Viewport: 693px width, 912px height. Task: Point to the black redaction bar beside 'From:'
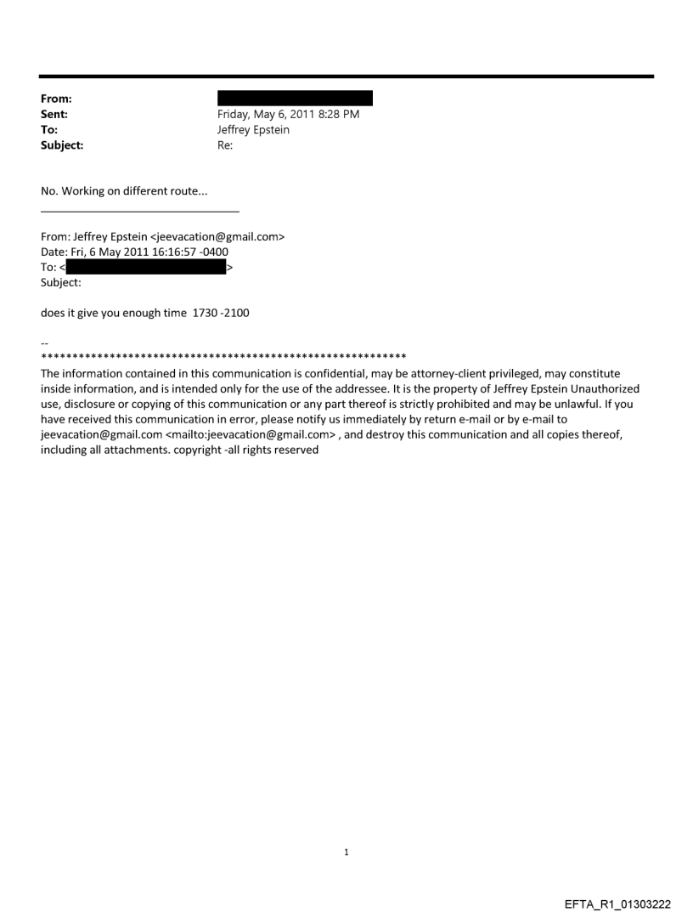[295, 99]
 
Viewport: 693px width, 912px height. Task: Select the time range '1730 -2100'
[221, 313]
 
